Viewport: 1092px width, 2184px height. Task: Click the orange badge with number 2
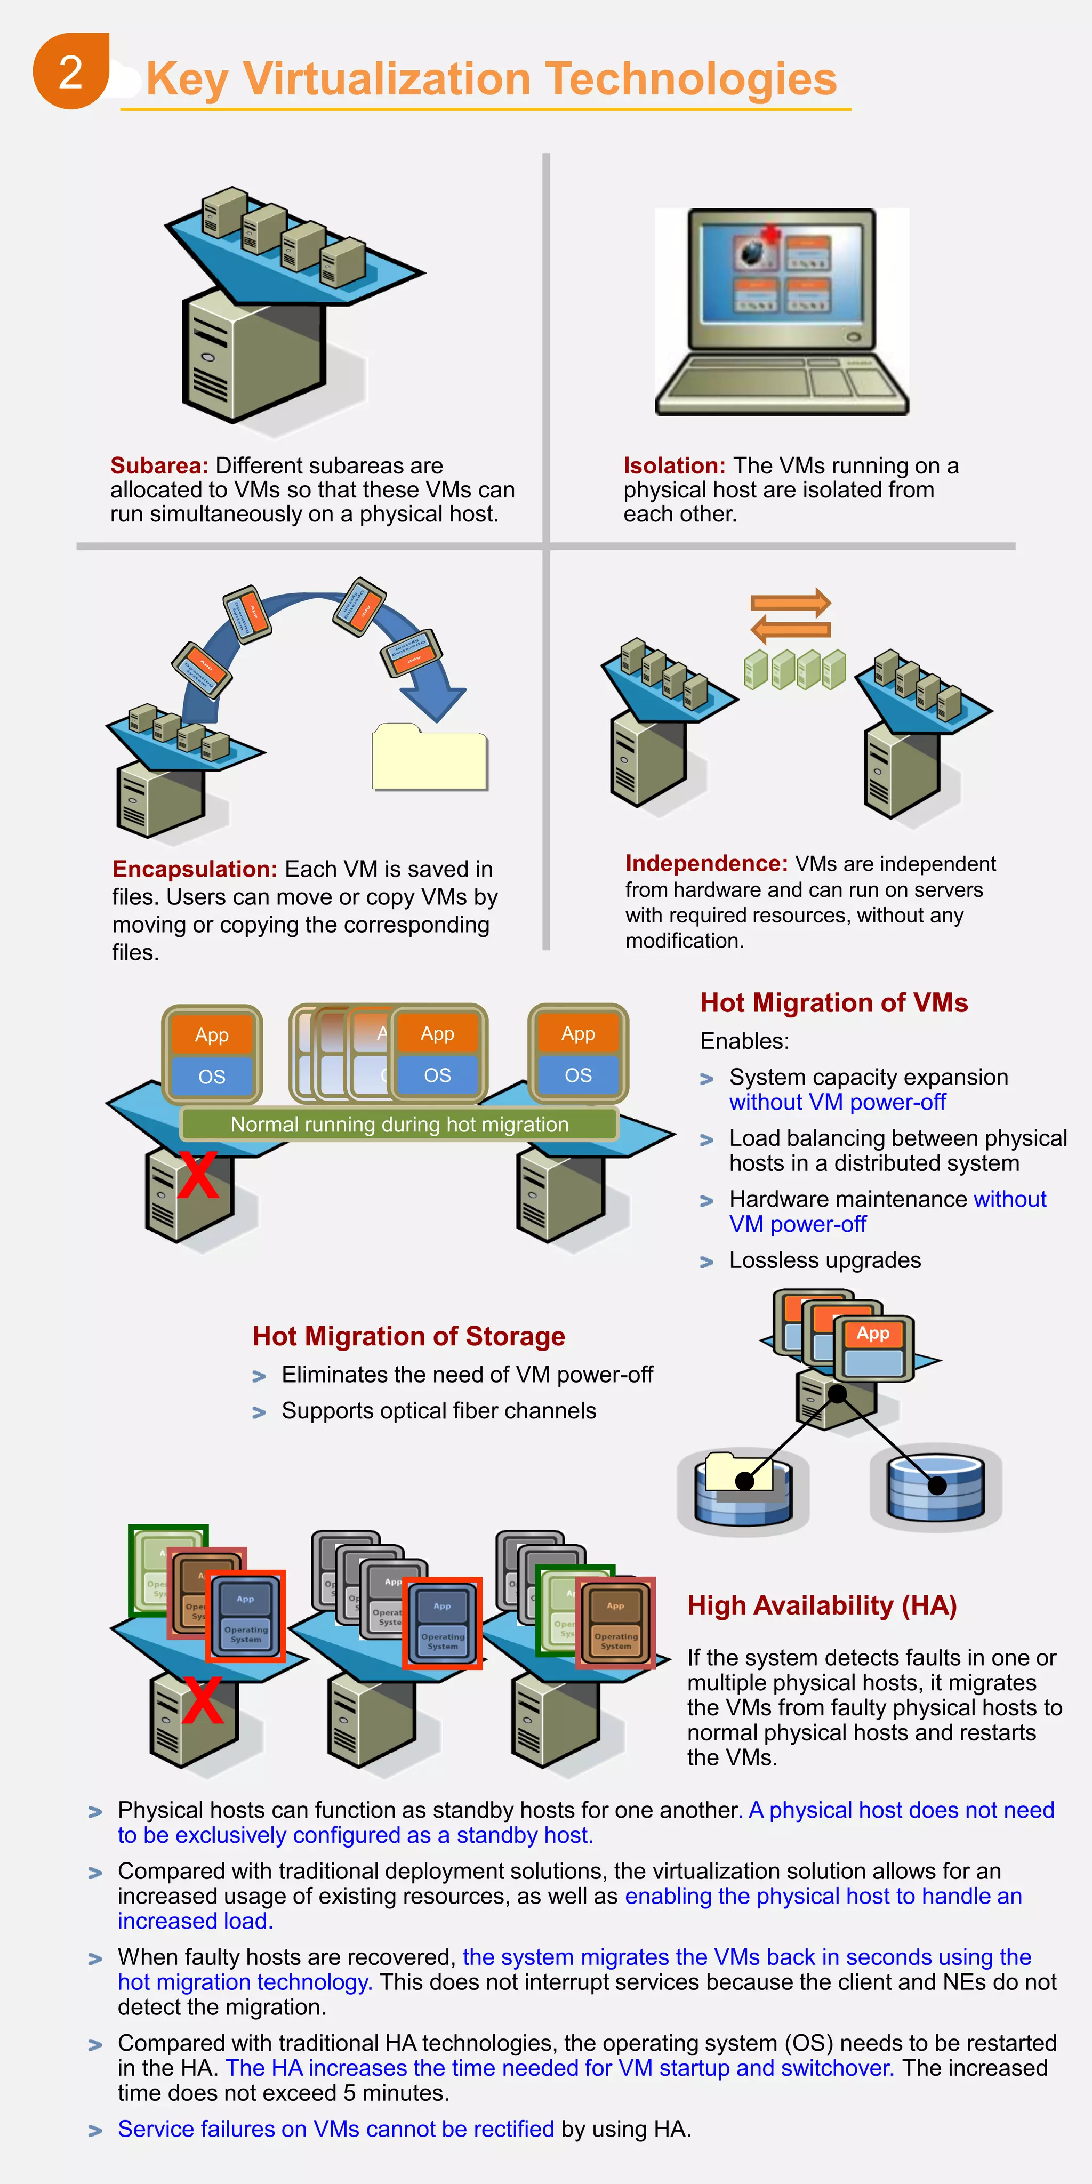[x=70, y=72]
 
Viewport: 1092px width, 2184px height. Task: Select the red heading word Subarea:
[x=158, y=465]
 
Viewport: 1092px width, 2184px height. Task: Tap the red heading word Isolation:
[x=674, y=465]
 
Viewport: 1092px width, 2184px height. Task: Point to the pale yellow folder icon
[x=429, y=757]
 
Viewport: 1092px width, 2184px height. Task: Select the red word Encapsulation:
[x=194, y=869]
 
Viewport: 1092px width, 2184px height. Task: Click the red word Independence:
[x=706, y=863]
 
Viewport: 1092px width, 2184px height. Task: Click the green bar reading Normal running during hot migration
[x=399, y=1124]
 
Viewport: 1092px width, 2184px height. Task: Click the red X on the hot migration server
[x=197, y=1175]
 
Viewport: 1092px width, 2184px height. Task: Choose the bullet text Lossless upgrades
[x=824, y=1260]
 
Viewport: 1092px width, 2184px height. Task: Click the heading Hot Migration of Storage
[x=408, y=1336]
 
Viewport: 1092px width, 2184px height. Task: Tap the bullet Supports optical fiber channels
[x=438, y=1411]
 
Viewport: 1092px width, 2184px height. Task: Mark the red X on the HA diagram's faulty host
[x=202, y=1701]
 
